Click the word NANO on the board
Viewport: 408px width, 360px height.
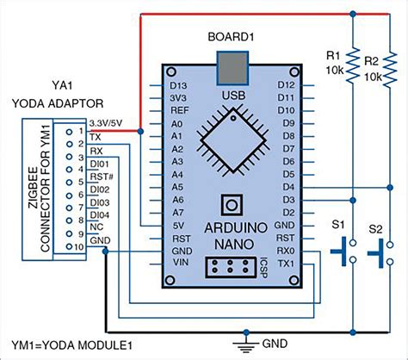point(231,244)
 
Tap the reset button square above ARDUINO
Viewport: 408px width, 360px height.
point(230,204)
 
